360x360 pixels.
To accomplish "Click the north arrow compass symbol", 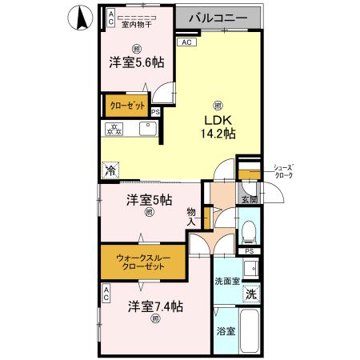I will point(79,18).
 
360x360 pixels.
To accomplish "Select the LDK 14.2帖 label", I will point(218,128).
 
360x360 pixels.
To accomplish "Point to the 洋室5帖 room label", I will point(148,201).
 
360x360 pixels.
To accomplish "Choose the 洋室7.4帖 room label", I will point(157,306).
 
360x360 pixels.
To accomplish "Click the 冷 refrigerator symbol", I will point(110,169).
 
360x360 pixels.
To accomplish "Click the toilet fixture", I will point(248,232).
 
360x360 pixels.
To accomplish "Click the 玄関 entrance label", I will point(248,199).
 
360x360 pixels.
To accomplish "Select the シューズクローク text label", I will point(283,170).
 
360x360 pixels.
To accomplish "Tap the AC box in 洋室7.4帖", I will point(106,297).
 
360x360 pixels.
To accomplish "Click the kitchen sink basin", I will point(147,130).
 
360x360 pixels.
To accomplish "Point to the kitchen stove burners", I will point(115,130).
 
